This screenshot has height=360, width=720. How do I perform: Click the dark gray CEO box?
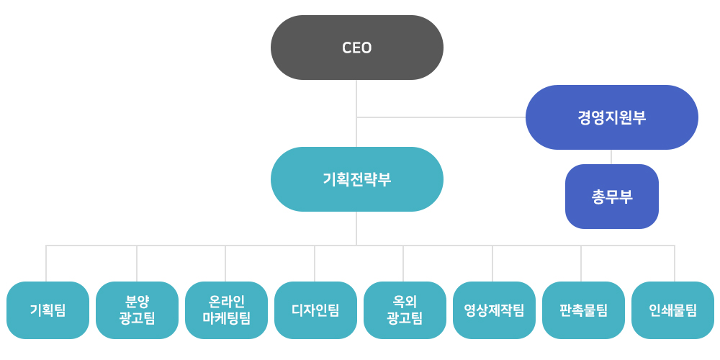pos(356,48)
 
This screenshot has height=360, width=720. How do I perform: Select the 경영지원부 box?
pos(611,117)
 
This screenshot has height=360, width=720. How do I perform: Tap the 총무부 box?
pos(611,197)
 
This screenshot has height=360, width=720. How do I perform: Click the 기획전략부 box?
pos(356,179)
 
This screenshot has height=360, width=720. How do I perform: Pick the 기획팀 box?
pos(48,310)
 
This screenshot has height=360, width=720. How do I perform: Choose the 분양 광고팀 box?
pos(137,310)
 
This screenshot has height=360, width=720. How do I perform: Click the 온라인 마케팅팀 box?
pos(226,310)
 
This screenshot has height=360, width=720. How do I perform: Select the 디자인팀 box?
pos(315,310)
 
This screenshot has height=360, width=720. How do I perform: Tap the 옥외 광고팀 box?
pos(405,310)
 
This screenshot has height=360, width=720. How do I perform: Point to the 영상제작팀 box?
pos(494,310)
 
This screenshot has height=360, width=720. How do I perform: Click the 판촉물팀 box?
pos(583,310)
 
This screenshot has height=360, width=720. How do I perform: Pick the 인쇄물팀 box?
pos(672,310)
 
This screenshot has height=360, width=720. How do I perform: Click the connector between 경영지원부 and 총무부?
pos(611,157)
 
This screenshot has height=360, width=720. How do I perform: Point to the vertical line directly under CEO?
pos(356,97)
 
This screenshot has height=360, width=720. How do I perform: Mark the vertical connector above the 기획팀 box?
pos(46,264)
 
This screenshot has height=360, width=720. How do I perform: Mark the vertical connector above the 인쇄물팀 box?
pos(675,264)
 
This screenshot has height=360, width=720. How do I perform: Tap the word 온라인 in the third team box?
pos(226,302)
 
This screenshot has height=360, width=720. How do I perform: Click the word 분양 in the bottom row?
pos(137,302)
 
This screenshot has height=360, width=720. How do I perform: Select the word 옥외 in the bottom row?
pos(405,302)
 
